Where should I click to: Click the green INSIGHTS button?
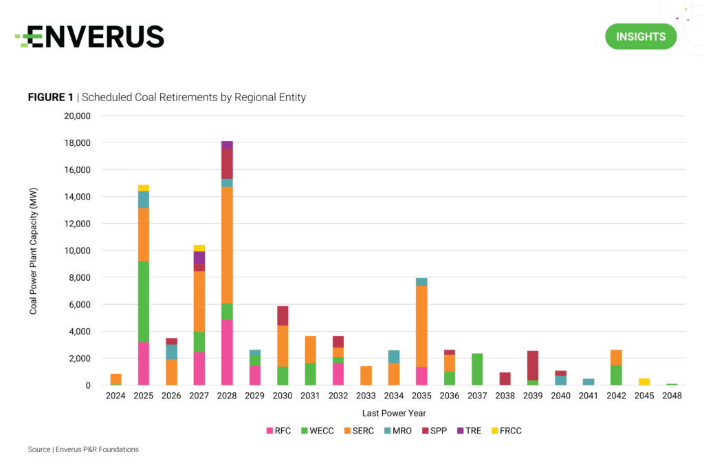640,36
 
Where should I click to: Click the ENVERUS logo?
90,36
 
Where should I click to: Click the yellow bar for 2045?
643,381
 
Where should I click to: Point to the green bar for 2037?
477,369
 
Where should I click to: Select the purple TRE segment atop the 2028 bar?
227,145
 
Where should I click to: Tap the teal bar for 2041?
588,381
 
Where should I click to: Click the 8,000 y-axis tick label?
79,277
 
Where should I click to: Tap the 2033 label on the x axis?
366,396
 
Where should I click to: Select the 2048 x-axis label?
672,396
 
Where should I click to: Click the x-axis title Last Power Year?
393,413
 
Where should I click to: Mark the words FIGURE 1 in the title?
50,97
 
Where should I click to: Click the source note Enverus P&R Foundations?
83,449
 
